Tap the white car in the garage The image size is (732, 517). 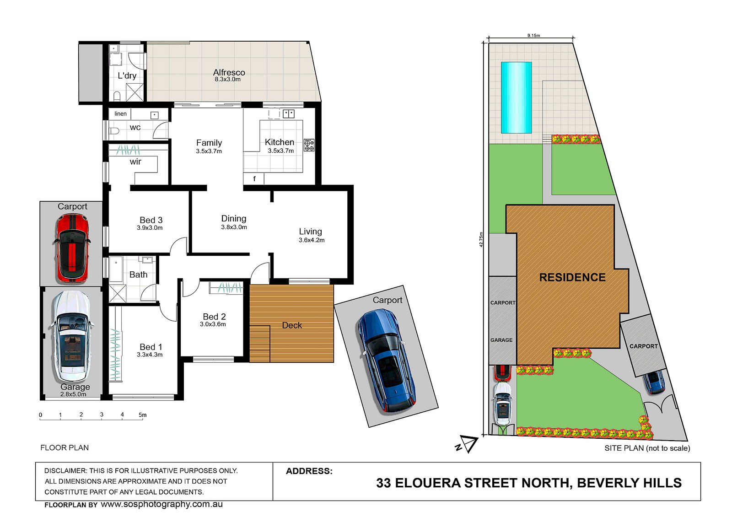point(71,337)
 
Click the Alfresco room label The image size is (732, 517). point(229,72)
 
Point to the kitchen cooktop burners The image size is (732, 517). point(309,145)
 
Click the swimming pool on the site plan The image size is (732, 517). point(517,97)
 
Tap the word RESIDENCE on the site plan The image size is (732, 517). point(572,277)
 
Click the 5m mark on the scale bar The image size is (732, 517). point(142,415)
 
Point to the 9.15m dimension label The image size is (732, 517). point(533,35)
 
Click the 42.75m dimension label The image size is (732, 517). point(481,240)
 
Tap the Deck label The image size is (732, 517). point(292,325)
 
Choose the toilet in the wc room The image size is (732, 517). point(114,131)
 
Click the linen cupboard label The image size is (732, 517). point(121,114)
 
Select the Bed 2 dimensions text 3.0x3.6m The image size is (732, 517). point(213,324)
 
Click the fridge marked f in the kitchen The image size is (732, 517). point(253,178)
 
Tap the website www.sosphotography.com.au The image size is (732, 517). point(162,504)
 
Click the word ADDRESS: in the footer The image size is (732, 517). point(309,471)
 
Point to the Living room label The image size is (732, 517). point(311,232)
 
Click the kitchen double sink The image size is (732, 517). point(289,114)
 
